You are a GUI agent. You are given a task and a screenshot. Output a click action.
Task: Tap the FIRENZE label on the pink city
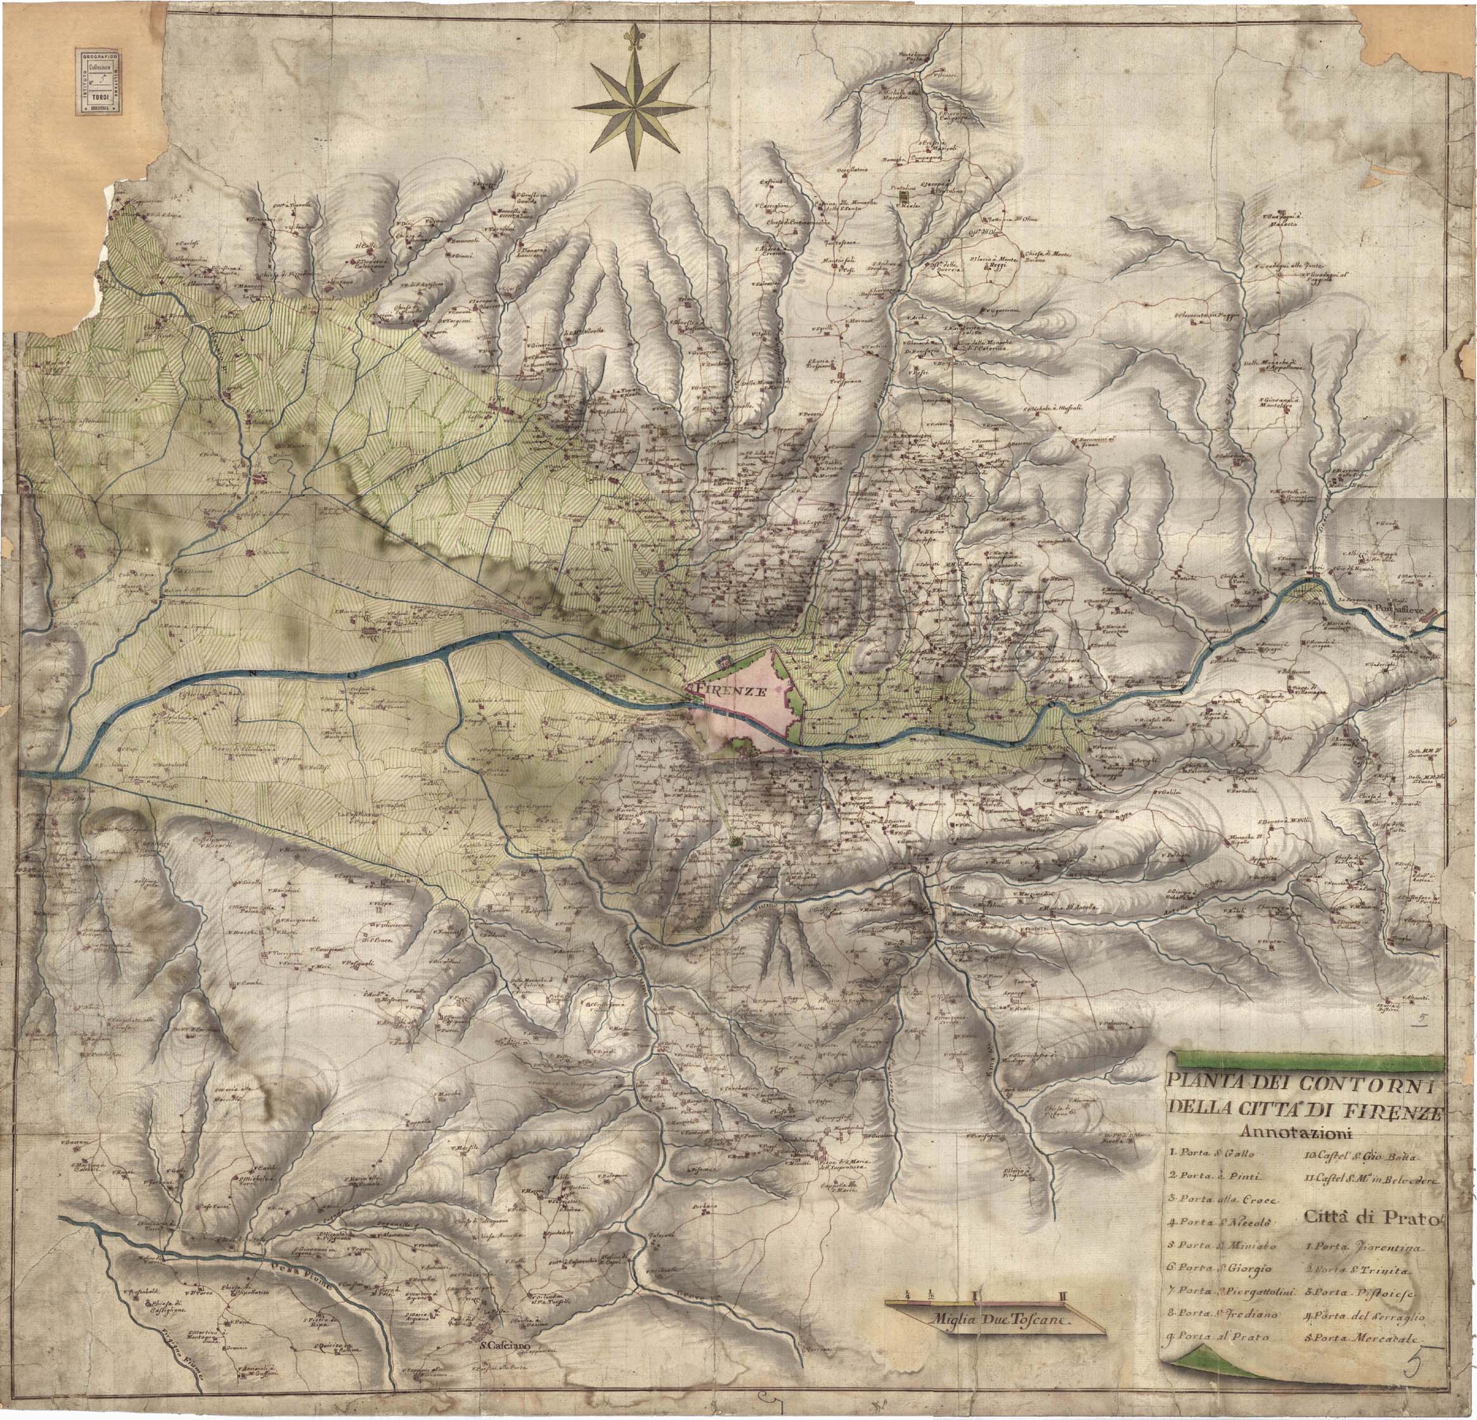tap(730, 689)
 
